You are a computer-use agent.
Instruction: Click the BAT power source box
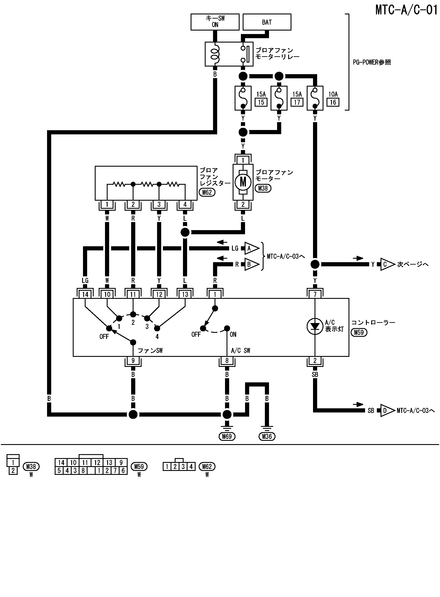[267, 22]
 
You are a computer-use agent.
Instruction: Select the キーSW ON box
[215, 22]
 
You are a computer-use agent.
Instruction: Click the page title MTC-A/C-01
[406, 10]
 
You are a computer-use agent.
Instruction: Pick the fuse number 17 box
[297, 102]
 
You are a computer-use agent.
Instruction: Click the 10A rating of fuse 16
[333, 94]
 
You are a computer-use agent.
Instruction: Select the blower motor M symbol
[243, 182]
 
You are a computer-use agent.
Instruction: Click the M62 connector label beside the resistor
[207, 192]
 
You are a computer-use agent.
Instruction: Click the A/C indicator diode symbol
[315, 326]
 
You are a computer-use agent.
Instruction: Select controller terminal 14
[85, 294]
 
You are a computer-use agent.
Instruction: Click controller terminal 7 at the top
[315, 294]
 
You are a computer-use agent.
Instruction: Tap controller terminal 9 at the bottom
[133, 361]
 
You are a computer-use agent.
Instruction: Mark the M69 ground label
[227, 436]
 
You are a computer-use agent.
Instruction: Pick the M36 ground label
[267, 436]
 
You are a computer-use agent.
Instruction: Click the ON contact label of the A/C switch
[233, 334]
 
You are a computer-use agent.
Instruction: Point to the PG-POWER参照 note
[372, 62]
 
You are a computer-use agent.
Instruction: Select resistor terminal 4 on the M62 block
[185, 205]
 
